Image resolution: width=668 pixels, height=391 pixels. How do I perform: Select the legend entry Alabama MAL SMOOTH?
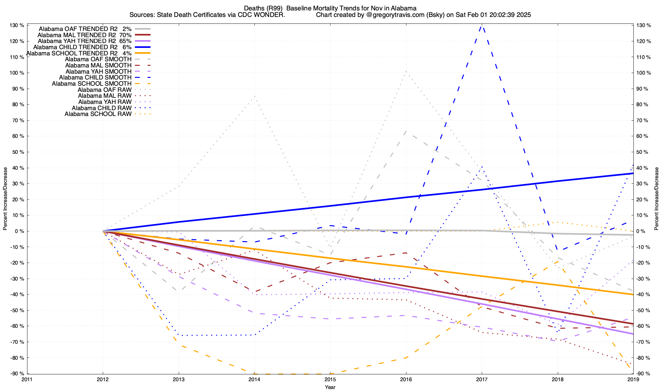(98, 65)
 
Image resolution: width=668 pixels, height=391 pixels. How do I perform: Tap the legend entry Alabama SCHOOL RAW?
(98, 114)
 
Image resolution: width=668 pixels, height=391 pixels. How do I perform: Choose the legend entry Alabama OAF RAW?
(104, 90)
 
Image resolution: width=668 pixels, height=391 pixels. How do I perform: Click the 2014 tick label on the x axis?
(254, 379)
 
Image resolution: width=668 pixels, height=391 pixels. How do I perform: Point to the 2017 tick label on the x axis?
(482, 379)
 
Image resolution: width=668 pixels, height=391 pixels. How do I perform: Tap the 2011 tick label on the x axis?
(27, 379)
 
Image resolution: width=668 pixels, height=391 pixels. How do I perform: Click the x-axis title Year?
(330, 387)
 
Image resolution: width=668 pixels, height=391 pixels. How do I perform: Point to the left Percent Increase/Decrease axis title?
(5, 199)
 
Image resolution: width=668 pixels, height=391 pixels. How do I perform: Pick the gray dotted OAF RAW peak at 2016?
(406, 71)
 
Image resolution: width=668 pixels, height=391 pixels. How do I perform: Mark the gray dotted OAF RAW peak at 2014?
(254, 96)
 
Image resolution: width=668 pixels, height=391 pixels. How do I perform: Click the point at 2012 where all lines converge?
(103, 231)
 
